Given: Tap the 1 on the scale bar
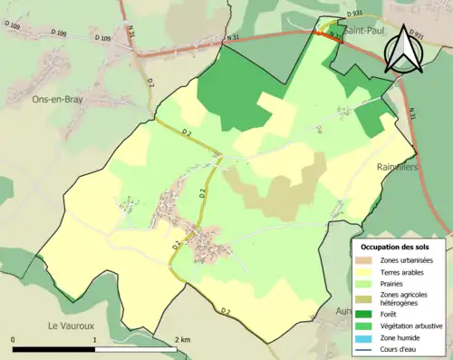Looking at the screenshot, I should pyautogui.click(x=95, y=339).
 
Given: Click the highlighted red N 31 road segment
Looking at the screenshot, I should pyautogui.click(x=328, y=34).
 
